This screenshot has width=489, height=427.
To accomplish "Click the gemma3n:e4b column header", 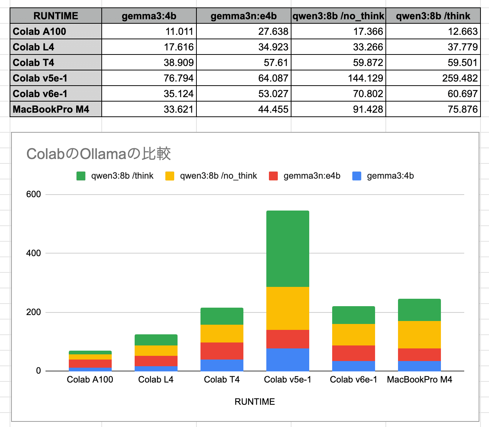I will pyautogui.click(x=243, y=16).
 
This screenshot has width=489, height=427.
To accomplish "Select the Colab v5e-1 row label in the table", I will pyautogui.click(x=40, y=78).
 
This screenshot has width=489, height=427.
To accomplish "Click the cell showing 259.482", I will pyautogui.click(x=460, y=78).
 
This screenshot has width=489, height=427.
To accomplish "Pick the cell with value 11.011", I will pyautogui.click(x=179, y=32).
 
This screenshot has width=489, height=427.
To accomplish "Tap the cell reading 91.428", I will pyautogui.click(x=368, y=109).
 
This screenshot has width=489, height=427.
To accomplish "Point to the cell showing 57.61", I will pyautogui.click(x=276, y=63).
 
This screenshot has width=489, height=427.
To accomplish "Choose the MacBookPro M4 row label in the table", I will pyautogui.click(x=51, y=109).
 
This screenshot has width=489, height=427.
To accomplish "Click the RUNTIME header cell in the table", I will pyautogui.click(x=56, y=16).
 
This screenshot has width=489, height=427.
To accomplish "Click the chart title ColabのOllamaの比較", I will pyautogui.click(x=98, y=154).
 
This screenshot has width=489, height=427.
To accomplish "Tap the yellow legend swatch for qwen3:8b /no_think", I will pyautogui.click(x=170, y=176).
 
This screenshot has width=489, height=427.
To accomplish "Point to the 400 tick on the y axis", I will pyautogui.click(x=33, y=253).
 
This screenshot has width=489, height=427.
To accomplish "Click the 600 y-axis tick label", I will pyautogui.click(x=33, y=194).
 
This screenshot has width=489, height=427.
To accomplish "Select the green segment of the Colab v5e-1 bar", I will pyautogui.click(x=287, y=248).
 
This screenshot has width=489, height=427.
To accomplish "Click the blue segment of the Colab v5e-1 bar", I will pyautogui.click(x=287, y=360).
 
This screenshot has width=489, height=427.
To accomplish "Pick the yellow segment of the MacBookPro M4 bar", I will pyautogui.click(x=419, y=334).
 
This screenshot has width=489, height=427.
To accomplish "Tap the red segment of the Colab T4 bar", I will pyautogui.click(x=222, y=351).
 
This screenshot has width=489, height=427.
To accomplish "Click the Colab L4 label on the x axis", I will pyautogui.click(x=156, y=380).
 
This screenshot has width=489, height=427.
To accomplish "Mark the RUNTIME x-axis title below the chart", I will pyautogui.click(x=254, y=402).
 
